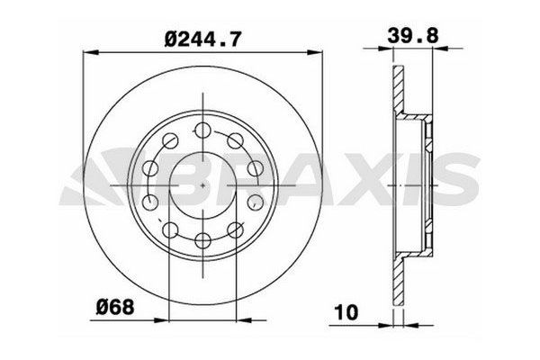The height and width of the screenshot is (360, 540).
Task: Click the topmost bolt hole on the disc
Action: pos(203,127)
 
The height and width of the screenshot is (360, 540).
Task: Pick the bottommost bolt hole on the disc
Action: pos(203,238)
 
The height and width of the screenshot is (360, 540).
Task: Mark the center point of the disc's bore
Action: pos(203,183)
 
